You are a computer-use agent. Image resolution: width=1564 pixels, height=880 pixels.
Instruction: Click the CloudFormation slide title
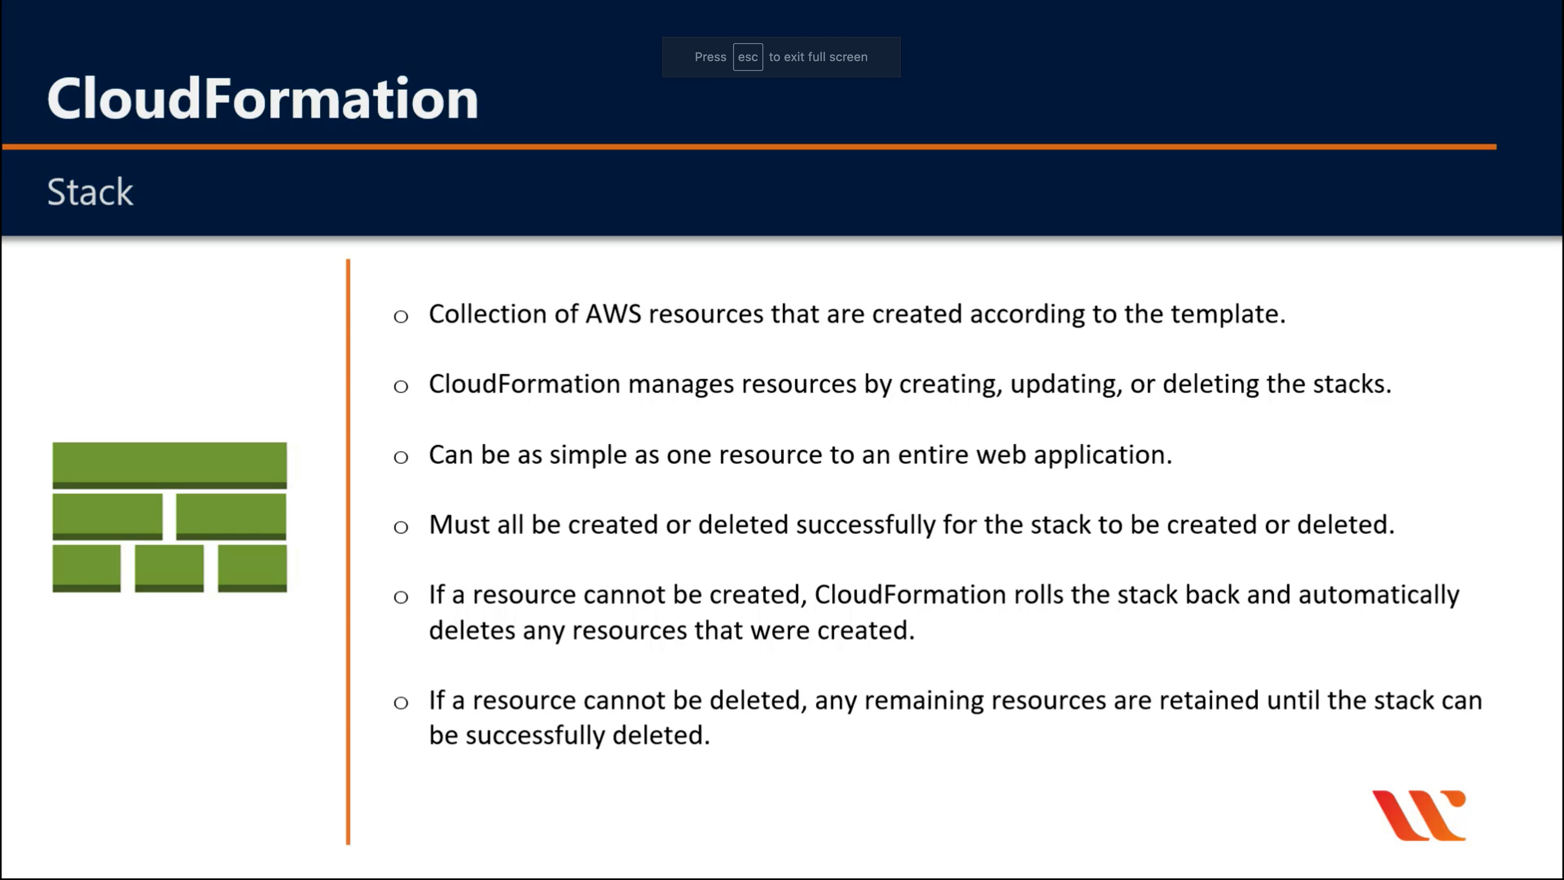[x=263, y=98]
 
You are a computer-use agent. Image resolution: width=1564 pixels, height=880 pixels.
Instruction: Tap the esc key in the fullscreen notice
[x=747, y=57]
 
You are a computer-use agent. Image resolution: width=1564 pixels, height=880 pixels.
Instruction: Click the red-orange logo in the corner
[x=1419, y=815]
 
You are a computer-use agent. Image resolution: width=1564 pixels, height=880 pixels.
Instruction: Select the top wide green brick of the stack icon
[x=169, y=465]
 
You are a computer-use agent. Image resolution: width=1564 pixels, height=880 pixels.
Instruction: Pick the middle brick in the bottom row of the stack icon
[x=169, y=568]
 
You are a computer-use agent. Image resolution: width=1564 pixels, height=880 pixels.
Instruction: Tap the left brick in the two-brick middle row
[x=108, y=516]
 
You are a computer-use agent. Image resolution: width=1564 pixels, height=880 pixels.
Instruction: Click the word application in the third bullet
[x=1103, y=455]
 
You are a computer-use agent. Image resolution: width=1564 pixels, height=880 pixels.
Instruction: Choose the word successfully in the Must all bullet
[x=865, y=525]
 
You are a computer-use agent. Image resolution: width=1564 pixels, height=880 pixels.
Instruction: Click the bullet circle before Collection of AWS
[x=401, y=317]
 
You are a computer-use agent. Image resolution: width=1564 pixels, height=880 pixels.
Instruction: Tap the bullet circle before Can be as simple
[x=401, y=457]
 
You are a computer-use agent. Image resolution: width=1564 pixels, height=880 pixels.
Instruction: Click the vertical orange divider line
[x=348, y=552]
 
